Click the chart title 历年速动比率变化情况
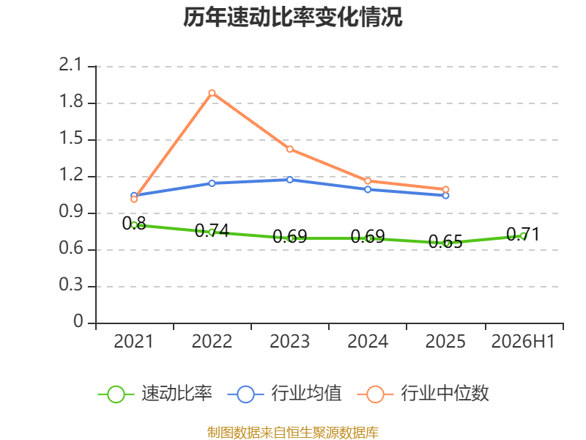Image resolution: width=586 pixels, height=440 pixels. (292, 18)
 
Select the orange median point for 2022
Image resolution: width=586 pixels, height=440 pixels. (212, 93)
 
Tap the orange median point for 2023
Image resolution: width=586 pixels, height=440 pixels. (290, 150)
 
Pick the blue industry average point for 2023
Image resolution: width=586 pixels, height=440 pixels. (290, 180)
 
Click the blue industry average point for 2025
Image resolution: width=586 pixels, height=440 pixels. (445, 196)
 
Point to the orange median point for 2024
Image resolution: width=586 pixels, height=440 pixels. (368, 181)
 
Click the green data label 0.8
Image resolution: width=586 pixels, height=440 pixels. (134, 224)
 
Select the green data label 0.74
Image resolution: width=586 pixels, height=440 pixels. (212, 230)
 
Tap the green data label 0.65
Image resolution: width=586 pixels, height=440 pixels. (445, 242)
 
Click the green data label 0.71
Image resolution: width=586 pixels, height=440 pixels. (523, 235)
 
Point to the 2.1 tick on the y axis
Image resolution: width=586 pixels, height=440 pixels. (70, 65)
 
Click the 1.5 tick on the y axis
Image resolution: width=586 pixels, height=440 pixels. (70, 139)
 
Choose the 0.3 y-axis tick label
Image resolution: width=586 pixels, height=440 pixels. (70, 285)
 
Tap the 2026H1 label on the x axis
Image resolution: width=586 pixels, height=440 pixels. (523, 341)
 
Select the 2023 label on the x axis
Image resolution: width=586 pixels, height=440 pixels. (290, 341)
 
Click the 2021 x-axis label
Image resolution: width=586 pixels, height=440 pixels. (134, 341)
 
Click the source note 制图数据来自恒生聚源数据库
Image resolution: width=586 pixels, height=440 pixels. (292, 433)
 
